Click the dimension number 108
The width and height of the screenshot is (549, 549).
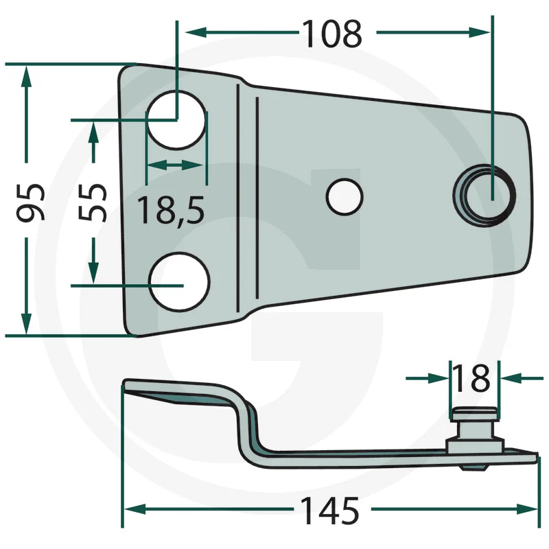(332, 34)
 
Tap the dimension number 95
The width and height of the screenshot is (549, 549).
(31, 202)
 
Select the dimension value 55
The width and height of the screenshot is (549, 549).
(93, 202)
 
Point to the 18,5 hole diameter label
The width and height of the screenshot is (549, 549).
(171, 210)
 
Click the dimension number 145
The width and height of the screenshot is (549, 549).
(330, 511)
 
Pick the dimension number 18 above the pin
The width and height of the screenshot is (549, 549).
(471, 378)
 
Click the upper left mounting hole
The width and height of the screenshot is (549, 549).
(177, 119)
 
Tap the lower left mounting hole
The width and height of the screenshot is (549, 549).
(179, 281)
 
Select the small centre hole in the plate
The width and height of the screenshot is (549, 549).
(344, 197)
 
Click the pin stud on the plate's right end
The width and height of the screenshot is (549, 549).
(484, 196)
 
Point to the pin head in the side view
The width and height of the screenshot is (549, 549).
(474, 414)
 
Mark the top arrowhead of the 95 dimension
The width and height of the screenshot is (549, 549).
(26, 77)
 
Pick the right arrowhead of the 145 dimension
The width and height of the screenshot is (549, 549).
(527, 509)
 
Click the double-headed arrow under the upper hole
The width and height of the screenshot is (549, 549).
(175, 165)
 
